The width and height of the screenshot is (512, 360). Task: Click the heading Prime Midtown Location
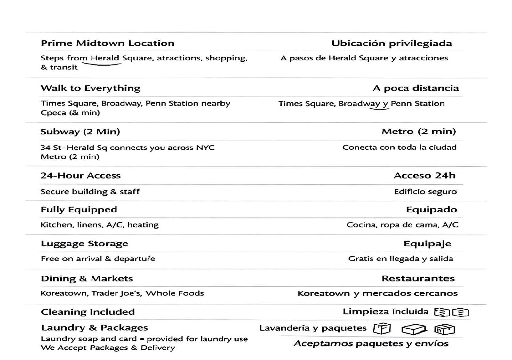coord(108,43)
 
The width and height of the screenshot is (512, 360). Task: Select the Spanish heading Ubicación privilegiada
coord(392,44)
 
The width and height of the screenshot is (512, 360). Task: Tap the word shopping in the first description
coord(226,58)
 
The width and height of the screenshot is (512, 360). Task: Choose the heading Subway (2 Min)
coord(80,132)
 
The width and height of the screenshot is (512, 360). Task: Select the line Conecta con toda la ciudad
coord(399,148)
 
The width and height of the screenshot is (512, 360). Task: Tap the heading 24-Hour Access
coord(80,176)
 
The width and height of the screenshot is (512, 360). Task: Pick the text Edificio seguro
coord(425,192)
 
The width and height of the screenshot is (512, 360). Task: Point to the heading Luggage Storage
coord(84,244)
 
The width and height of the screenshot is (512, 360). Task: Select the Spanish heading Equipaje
coord(427,244)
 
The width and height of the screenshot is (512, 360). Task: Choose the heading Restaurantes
coord(418,279)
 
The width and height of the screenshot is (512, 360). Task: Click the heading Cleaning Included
coord(88,312)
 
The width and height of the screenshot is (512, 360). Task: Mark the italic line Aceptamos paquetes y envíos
coord(371,344)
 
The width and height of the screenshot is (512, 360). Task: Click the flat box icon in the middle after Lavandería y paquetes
coord(414,329)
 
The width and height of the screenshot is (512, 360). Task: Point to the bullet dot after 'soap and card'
coord(142,339)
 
